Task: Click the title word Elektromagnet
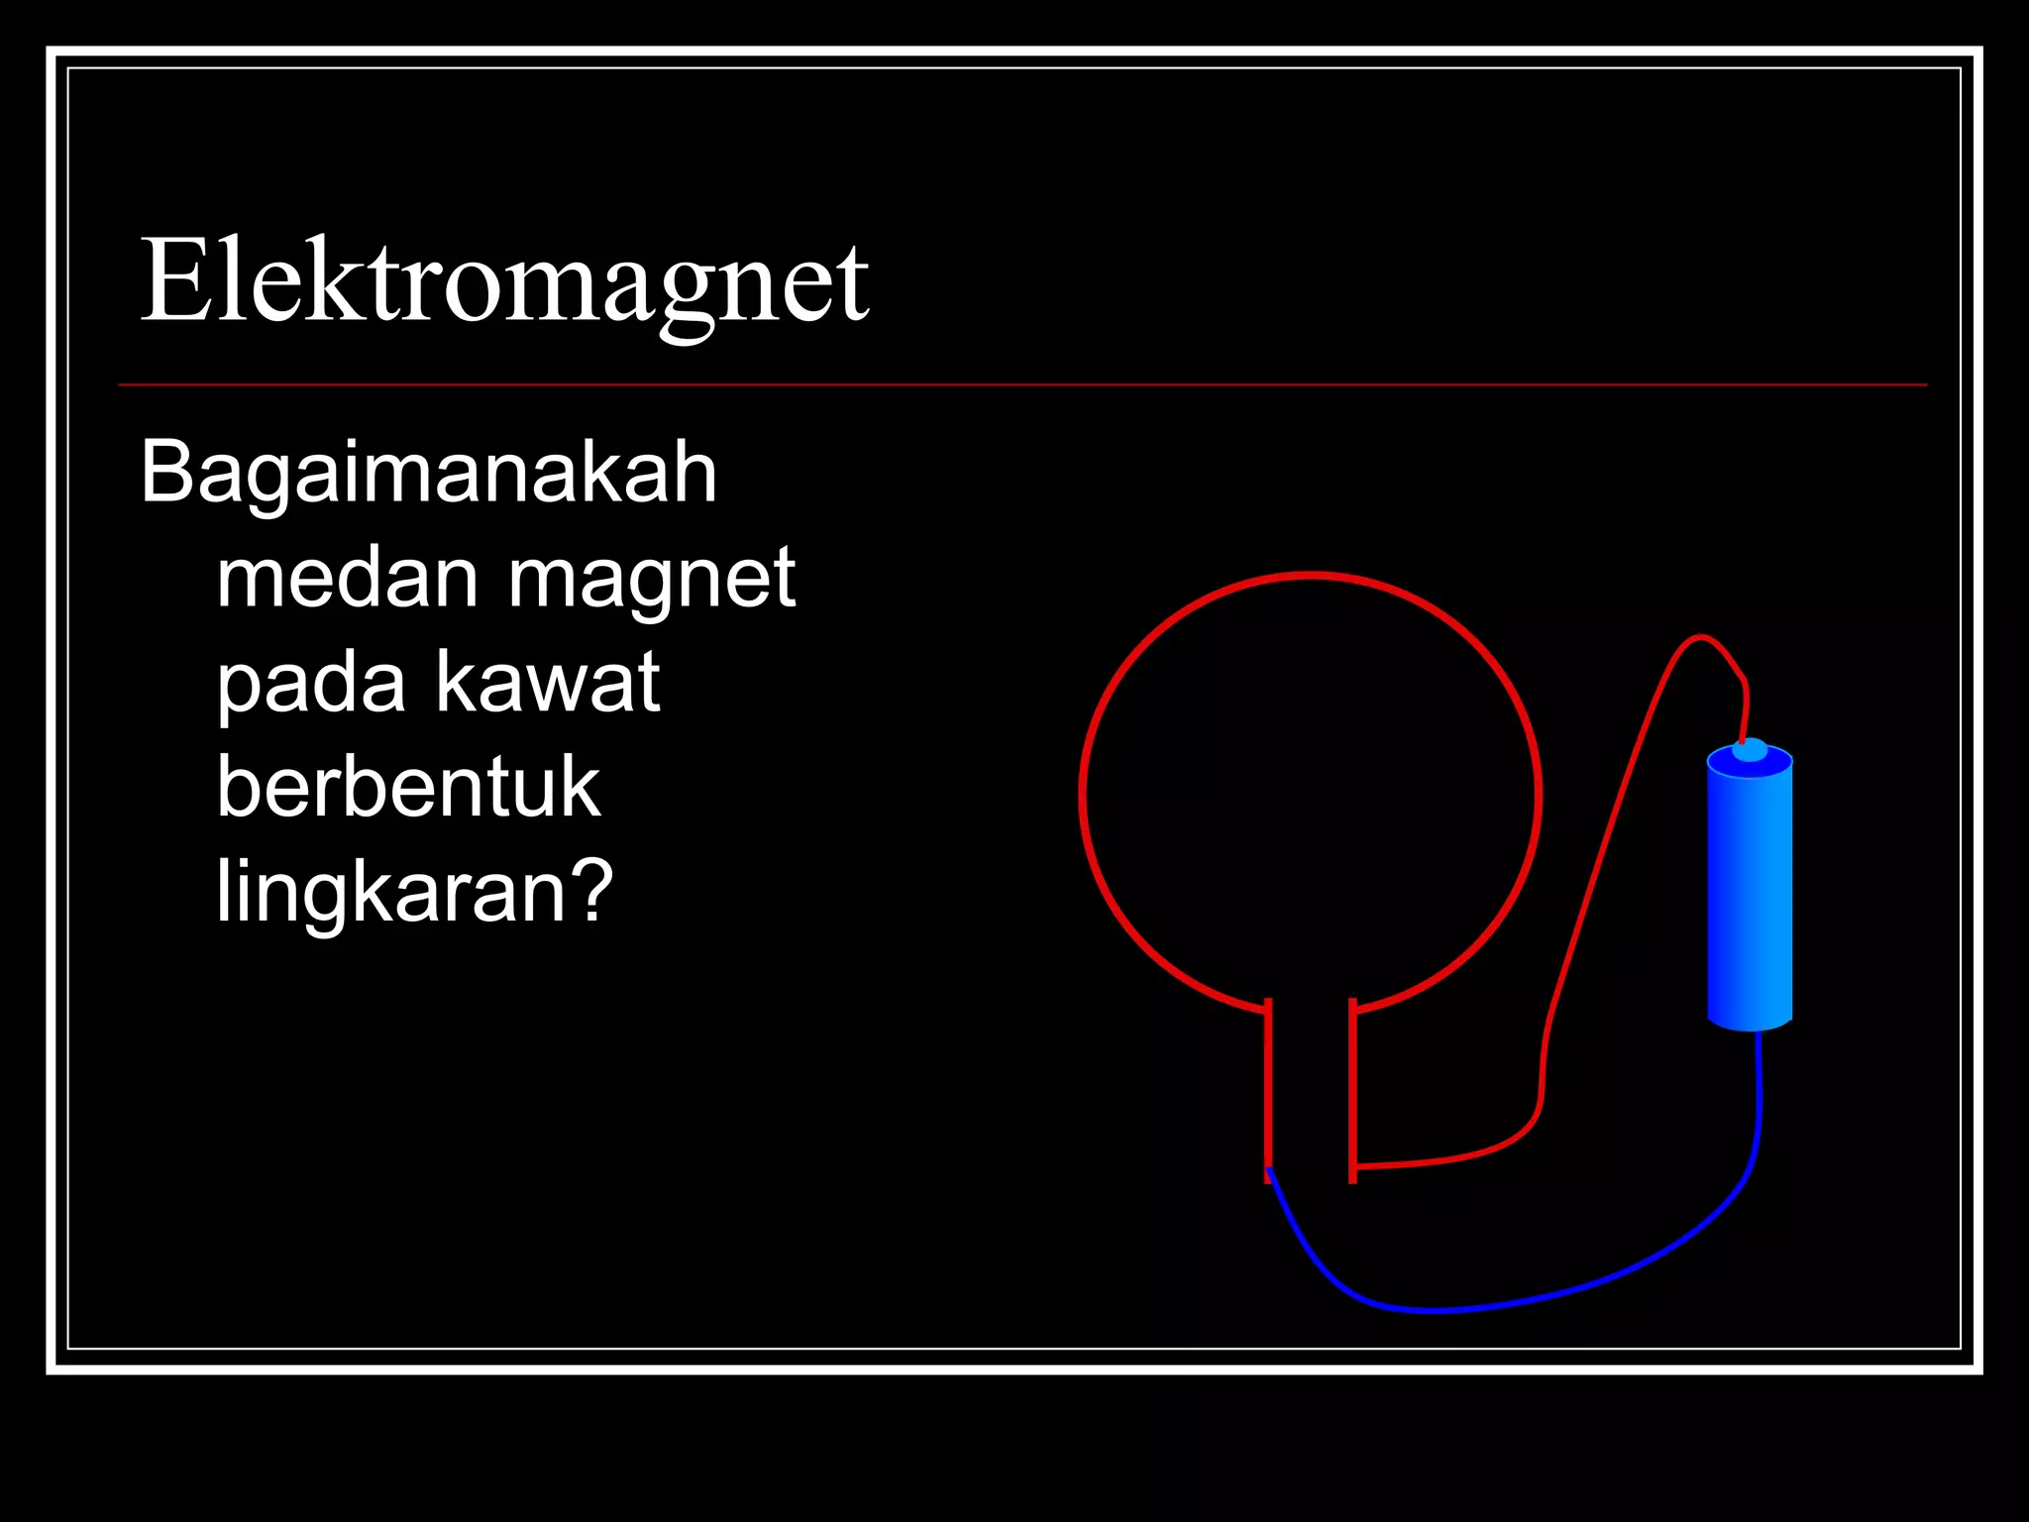tap(505, 282)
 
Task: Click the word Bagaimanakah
tap(428, 473)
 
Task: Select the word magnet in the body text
tap(651, 580)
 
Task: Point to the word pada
tap(311, 684)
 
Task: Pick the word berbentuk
tap(408, 788)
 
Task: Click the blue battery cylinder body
tap(1750, 892)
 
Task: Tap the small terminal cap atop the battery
tap(1750, 750)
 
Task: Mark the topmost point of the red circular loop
tap(1310, 576)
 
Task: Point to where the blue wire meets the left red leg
tap(1269, 1171)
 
